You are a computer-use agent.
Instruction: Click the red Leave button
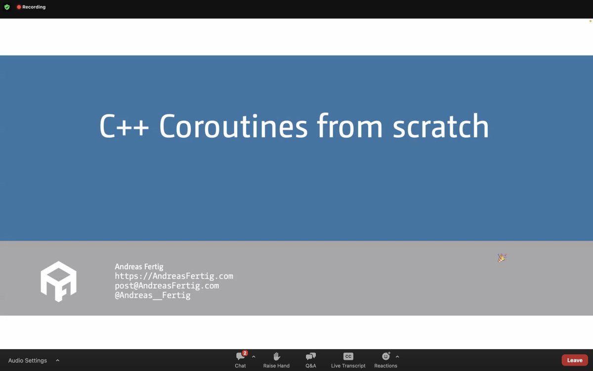point(575,360)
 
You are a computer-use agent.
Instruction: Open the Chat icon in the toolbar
point(240,357)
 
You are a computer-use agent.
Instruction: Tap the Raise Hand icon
point(276,357)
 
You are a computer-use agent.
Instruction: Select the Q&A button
point(311,357)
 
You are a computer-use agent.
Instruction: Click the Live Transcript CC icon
point(348,357)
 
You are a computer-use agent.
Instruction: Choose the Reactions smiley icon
point(386,357)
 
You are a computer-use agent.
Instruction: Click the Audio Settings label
point(28,361)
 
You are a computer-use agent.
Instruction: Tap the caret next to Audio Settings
point(57,361)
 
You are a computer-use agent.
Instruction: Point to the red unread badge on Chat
point(245,353)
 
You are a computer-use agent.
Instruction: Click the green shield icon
point(7,7)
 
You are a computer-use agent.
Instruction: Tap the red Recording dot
point(19,7)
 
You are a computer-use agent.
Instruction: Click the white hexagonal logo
point(58,281)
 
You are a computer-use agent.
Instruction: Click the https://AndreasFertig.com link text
point(174,276)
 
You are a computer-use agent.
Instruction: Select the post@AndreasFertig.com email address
point(167,286)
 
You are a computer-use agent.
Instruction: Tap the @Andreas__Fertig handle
point(152,295)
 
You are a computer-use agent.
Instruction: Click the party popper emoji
point(502,258)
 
